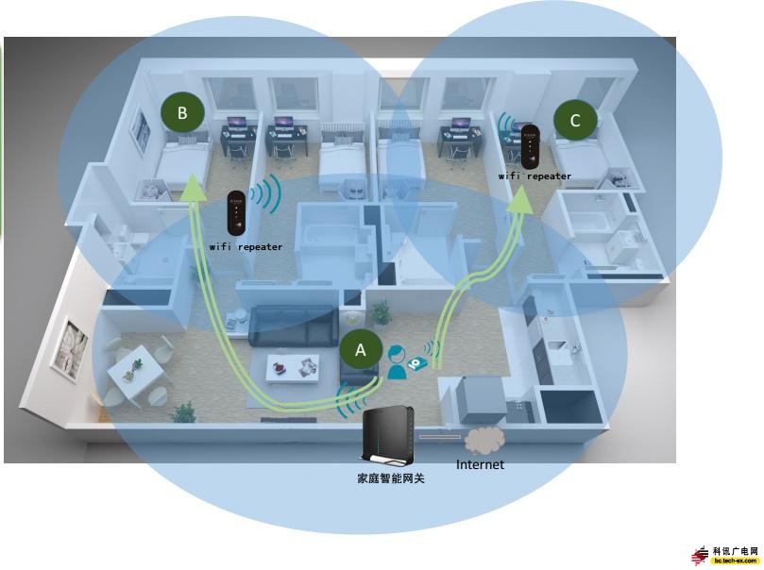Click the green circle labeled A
point(360,349)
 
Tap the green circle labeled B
point(182,113)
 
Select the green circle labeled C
point(575,120)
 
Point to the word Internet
point(480,464)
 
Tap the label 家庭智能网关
point(390,478)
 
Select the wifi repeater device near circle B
point(237,215)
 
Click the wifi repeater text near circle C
point(535,176)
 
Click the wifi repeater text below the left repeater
point(246,247)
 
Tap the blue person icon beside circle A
point(398,360)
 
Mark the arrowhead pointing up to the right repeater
point(521,195)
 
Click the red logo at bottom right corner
point(700,556)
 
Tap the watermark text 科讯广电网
point(736,550)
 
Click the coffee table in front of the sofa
point(291,366)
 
